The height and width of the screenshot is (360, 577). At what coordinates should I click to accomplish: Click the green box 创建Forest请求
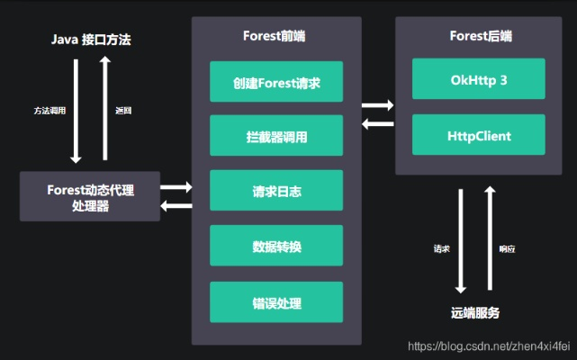275,82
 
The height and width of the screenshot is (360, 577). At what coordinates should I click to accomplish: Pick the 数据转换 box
275,246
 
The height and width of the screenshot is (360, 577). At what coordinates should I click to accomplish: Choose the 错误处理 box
275,301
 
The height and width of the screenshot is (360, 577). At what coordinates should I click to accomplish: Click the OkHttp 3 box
479,79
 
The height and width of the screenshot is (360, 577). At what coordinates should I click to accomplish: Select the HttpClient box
479,135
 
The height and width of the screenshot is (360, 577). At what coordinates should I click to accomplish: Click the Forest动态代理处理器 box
90,195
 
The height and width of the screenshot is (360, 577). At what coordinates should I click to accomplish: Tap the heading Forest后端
480,36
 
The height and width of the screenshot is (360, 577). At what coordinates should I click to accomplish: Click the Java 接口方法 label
91,40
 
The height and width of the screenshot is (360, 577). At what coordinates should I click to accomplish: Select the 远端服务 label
475,313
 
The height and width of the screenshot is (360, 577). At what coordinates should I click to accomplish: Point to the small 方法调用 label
49,111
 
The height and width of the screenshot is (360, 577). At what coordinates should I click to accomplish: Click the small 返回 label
124,111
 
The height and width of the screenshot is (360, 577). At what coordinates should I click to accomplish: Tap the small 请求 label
441,248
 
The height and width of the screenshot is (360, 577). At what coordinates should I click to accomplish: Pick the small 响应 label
509,248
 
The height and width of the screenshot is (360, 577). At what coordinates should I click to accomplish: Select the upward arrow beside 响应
491,238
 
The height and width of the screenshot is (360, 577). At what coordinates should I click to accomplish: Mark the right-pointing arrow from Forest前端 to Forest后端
377,104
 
